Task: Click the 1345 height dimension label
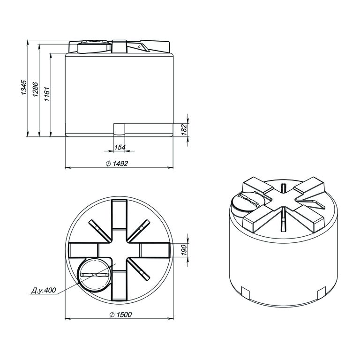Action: coord(24,88)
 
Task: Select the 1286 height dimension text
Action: coord(36,89)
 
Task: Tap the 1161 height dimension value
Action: coord(47,94)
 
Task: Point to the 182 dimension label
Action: coord(185,129)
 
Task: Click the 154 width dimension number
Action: coord(120,147)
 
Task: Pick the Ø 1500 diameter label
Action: coord(121,315)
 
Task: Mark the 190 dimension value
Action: coord(185,250)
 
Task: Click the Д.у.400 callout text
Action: coord(44,290)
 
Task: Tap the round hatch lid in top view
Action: coord(95,275)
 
